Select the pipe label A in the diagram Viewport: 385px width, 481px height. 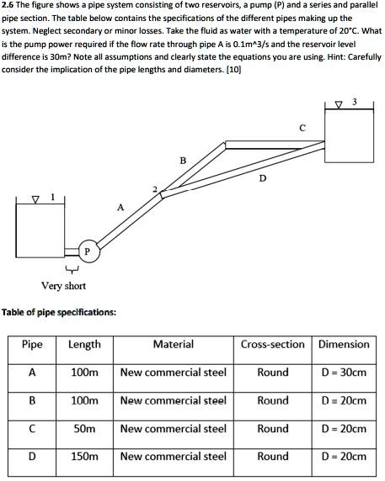(120, 207)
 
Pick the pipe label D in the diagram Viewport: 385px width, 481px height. (263, 178)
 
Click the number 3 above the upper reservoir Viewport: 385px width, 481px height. (355, 103)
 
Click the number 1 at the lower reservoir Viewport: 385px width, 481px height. (51, 197)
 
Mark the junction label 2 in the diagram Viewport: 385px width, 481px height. (154, 188)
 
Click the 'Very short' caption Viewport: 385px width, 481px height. (64, 286)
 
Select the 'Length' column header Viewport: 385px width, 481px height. (84, 344)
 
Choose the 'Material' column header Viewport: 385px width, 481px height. (174, 344)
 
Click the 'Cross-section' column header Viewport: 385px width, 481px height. (273, 344)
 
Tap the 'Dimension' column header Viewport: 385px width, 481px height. (344, 344)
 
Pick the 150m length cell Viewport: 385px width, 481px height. (84, 457)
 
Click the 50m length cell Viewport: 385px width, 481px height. (84, 429)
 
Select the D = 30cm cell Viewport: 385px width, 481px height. (344, 373)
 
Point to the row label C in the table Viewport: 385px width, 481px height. (32, 429)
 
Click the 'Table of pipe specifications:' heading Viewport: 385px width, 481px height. (59, 312)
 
